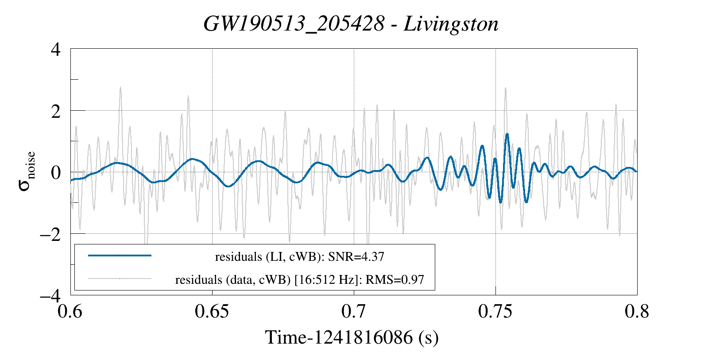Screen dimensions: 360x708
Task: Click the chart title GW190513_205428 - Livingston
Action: (x=351, y=24)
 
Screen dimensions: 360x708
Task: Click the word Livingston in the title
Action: (x=451, y=24)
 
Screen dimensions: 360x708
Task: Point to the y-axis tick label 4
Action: (x=55, y=49)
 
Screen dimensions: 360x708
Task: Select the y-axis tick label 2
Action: (x=55, y=111)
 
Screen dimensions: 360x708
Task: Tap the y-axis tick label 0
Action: (x=55, y=173)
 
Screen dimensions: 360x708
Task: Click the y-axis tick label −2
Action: (x=50, y=234)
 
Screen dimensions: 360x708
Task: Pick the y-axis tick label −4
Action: (x=50, y=295)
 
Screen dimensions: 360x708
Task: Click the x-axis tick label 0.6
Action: (x=70, y=312)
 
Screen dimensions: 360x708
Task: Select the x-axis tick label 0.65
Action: (x=212, y=312)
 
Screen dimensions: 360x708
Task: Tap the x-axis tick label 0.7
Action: (x=354, y=312)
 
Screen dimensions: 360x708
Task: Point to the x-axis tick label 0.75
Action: (x=495, y=312)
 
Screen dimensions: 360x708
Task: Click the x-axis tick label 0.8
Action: (x=637, y=312)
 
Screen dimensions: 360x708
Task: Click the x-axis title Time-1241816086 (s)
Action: (x=352, y=337)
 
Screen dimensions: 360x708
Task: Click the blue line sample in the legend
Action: (x=120, y=255)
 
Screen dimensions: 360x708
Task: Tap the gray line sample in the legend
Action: (x=120, y=279)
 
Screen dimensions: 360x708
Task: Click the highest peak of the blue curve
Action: (x=507, y=134)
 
